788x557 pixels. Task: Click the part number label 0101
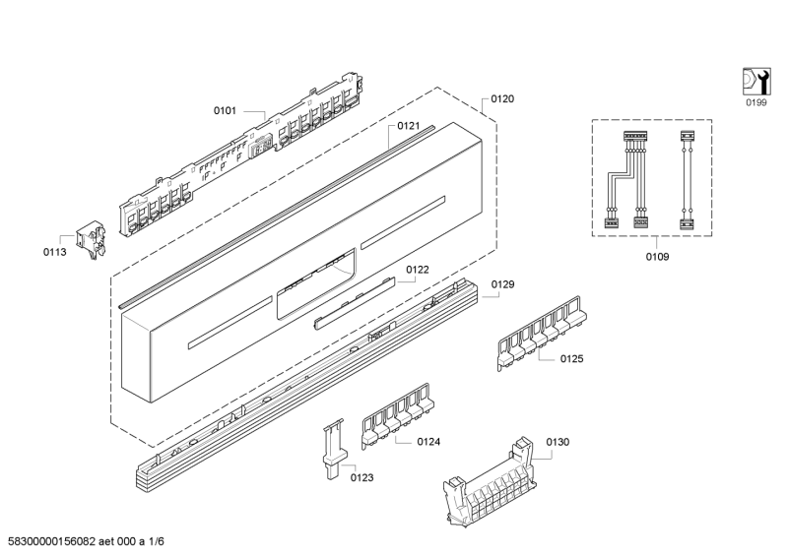[225, 110]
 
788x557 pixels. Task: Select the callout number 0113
[55, 252]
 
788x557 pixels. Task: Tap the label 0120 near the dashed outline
[502, 99]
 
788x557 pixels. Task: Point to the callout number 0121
[409, 126]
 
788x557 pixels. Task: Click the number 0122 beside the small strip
[418, 270]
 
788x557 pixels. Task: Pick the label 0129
[503, 284]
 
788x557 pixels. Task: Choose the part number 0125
[572, 358]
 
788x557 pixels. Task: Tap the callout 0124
[428, 442]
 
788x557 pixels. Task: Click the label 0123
[361, 477]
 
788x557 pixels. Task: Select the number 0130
[558, 442]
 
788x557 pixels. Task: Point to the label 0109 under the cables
[657, 257]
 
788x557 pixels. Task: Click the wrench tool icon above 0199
[756, 82]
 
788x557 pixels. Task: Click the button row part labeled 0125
[542, 333]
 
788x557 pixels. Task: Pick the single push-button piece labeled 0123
[333, 449]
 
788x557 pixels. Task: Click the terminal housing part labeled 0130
[490, 482]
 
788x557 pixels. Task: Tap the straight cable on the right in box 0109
[687, 180]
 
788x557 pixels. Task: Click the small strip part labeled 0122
[355, 302]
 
